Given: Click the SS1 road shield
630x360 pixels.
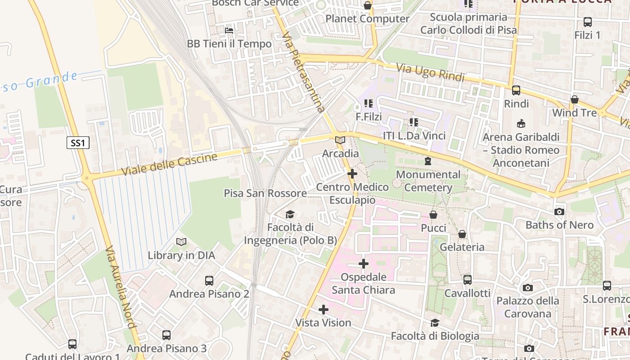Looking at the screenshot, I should click(x=78, y=143).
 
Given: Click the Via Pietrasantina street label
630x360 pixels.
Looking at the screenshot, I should click(x=305, y=74).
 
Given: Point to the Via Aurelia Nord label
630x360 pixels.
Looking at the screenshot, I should click(x=121, y=287).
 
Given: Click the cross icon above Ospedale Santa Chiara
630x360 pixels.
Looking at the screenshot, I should click(x=364, y=264).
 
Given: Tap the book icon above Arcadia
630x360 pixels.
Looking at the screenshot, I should click(x=340, y=140).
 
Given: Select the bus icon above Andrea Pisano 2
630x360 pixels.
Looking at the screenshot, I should click(x=209, y=281).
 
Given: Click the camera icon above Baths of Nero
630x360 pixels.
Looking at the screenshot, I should click(x=559, y=211).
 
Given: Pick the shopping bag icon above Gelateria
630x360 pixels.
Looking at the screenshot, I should click(x=462, y=234).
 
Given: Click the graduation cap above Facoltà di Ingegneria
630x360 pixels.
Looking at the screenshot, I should click(x=290, y=215).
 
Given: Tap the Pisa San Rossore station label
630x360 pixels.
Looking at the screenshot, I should click(x=265, y=193).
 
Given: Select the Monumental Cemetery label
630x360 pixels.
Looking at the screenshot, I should click(x=428, y=181).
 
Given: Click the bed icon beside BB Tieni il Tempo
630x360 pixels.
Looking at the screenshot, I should click(x=229, y=31).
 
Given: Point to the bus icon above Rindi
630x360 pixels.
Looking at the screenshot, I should click(x=516, y=90).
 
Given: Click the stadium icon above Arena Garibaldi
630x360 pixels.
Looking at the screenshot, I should click(x=521, y=123).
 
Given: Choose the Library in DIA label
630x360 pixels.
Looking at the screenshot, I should click(x=181, y=256).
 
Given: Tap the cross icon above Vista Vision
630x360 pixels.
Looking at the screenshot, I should click(x=323, y=310).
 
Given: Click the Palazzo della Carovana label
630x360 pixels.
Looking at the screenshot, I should click(x=528, y=307).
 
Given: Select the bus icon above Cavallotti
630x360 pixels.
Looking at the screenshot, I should click(x=468, y=280).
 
